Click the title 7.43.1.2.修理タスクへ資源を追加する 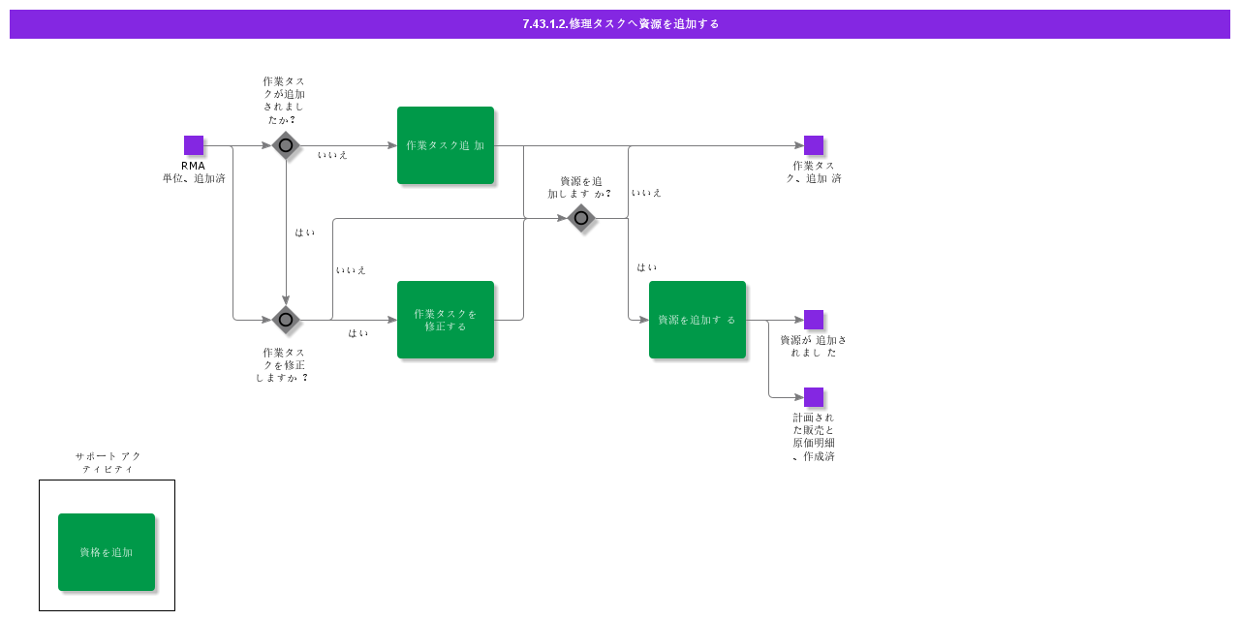click(621, 24)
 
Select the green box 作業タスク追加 click(446, 145)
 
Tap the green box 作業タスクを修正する click(446, 320)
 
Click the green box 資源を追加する click(697, 320)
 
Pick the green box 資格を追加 click(107, 552)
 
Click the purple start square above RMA click(194, 145)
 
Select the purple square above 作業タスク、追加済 click(814, 145)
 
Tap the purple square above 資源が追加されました click(814, 320)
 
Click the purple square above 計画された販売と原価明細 click(814, 397)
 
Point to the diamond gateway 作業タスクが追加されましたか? click(286, 145)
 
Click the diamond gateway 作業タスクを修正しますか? click(286, 320)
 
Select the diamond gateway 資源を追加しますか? click(581, 218)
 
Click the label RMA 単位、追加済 click(194, 172)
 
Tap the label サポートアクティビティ click(108, 463)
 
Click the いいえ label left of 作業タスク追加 click(332, 155)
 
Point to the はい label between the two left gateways click(304, 232)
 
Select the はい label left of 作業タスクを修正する click(357, 333)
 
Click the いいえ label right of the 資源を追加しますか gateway click(646, 193)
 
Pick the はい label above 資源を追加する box click(646, 267)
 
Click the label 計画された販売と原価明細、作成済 click(814, 437)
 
